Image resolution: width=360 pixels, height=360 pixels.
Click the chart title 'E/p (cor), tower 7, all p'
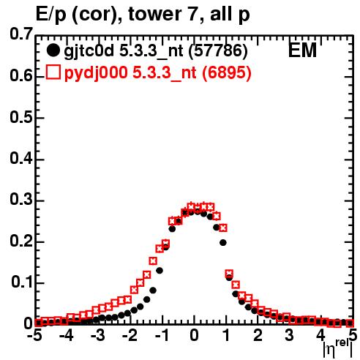(143, 14)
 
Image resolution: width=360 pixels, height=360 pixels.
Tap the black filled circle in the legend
(53, 50)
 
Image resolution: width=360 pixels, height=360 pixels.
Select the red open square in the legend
(53, 72)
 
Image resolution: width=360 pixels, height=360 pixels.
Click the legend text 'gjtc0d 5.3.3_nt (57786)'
(156, 51)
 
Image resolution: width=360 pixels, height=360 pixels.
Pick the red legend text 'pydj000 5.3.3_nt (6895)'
(158, 73)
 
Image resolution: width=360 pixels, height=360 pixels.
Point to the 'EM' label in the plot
(302, 50)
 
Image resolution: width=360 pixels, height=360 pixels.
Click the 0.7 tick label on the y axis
(21, 34)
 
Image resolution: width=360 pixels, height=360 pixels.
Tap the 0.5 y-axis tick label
(21, 118)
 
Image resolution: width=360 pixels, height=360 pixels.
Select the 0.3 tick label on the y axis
(21, 200)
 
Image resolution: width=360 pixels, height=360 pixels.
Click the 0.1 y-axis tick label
(22, 282)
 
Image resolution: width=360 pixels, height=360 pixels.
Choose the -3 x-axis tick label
(98, 335)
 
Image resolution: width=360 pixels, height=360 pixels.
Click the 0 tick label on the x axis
(194, 335)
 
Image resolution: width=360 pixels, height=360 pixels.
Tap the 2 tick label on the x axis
(258, 335)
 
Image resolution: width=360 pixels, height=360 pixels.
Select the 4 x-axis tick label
(321, 335)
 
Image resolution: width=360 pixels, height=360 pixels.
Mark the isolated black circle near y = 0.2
(223, 243)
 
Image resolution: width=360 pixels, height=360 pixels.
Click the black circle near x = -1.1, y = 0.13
(160, 271)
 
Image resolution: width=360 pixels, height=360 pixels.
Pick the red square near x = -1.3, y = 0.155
(153, 261)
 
